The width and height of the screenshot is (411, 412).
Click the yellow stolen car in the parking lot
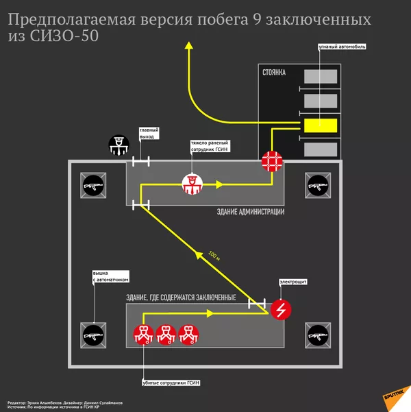click(x=321, y=125)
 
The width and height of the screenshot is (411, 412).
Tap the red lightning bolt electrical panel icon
click(x=280, y=310)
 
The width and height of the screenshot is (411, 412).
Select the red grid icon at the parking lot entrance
click(x=272, y=162)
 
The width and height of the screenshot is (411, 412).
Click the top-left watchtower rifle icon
click(x=92, y=185)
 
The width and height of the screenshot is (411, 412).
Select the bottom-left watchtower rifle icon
click(x=92, y=335)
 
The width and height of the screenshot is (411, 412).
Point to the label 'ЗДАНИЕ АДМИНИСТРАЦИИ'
click(x=250, y=212)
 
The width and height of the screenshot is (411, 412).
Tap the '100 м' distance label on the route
click(x=214, y=255)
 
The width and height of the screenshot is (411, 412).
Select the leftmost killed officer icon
click(x=143, y=335)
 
